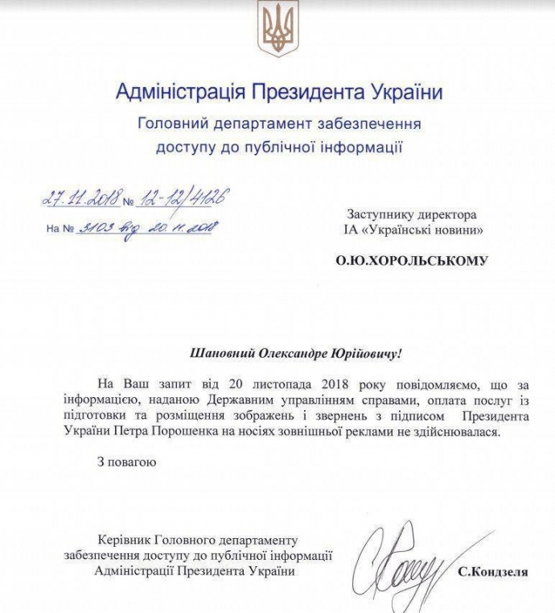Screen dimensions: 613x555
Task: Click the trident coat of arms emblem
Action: coord(277,28)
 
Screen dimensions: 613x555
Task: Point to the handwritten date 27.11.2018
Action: coord(80,197)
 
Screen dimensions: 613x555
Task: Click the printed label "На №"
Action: coord(60,229)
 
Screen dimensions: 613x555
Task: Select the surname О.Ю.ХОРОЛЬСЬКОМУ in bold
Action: coord(412,261)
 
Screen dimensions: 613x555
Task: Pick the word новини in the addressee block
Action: coord(453,231)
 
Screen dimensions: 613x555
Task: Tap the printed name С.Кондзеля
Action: coord(493,573)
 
